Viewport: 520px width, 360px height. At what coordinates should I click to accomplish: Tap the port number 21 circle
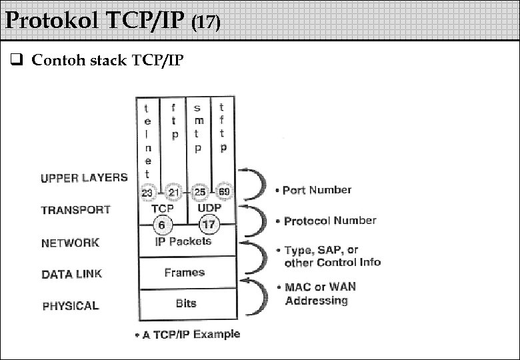tap(173, 193)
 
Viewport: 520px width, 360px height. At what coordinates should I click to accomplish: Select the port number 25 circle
tap(199, 193)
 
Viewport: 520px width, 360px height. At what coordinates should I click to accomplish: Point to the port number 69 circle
tap(223, 193)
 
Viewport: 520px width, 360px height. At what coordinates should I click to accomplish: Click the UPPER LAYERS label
tap(84, 178)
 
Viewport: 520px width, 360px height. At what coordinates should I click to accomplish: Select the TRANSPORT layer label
tap(75, 210)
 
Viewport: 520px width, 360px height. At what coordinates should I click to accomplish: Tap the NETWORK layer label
tap(70, 243)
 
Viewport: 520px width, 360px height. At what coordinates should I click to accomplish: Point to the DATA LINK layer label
tap(72, 274)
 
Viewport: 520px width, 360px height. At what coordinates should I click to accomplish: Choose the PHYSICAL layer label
tap(71, 306)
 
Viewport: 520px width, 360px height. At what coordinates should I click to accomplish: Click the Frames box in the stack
tap(185, 273)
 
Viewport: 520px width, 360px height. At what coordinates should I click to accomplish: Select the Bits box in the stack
tap(186, 303)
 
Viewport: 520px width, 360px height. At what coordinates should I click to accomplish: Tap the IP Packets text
tap(183, 241)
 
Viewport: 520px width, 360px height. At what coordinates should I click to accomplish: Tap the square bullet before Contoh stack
tap(18, 61)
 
